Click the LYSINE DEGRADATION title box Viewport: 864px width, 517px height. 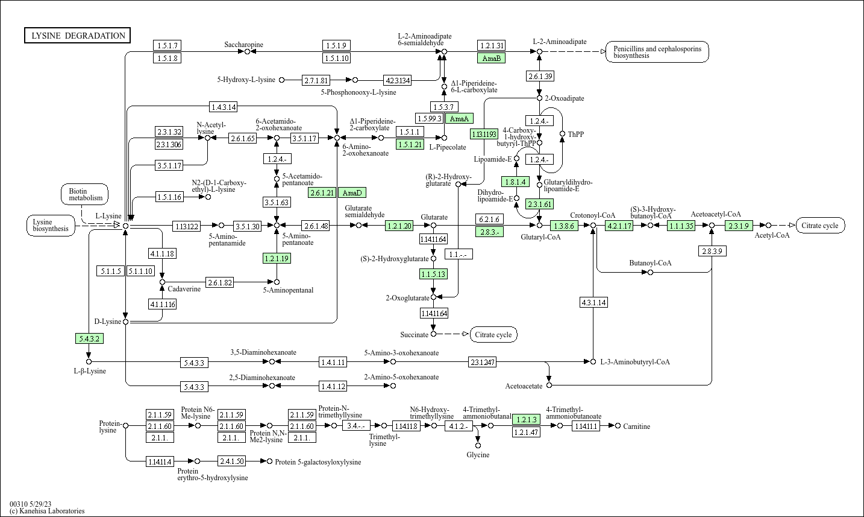(78, 36)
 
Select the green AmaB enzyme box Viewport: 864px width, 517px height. (491, 58)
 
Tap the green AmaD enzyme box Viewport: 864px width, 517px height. (352, 192)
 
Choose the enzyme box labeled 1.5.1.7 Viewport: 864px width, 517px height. (167, 45)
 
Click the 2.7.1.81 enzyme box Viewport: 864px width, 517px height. (316, 80)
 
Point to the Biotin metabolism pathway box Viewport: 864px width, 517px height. (85, 194)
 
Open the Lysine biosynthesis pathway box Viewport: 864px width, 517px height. (51, 226)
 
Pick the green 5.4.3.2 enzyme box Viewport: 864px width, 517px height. (89, 338)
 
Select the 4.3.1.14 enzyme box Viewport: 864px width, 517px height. (593, 302)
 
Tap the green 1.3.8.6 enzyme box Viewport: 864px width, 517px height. (564, 226)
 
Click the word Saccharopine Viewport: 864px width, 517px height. (243, 45)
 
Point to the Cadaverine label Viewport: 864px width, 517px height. (184, 289)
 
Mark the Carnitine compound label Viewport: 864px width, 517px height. (637, 427)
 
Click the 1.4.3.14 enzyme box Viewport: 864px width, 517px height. (224, 107)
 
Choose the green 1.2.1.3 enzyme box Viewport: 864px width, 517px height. (526, 419)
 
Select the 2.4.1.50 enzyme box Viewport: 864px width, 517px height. (232, 461)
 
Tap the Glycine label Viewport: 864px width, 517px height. (478, 455)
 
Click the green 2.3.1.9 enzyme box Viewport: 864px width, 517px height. (739, 226)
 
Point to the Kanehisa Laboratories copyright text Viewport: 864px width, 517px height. (47, 511)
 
